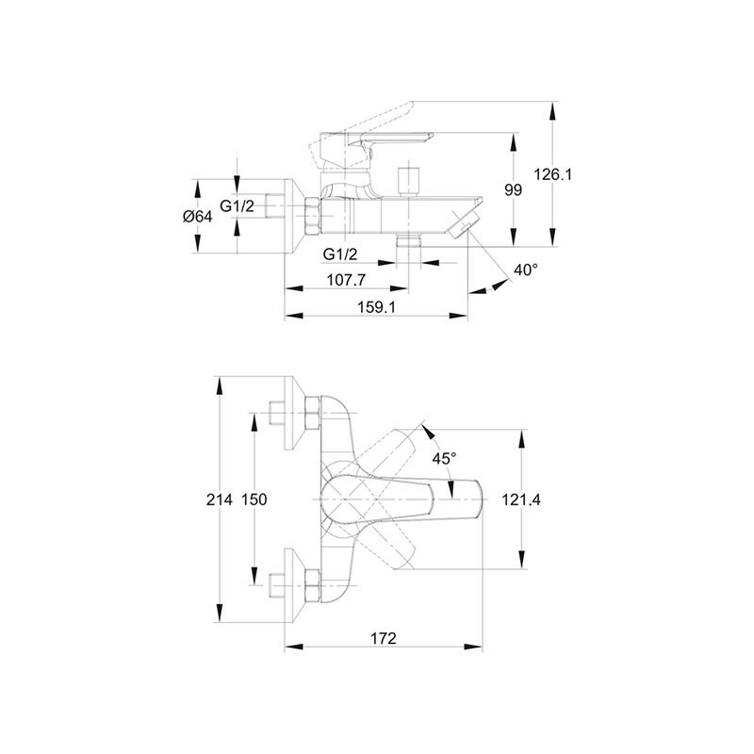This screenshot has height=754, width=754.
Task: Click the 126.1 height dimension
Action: [x=553, y=174]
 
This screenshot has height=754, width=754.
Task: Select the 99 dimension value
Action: [x=513, y=190]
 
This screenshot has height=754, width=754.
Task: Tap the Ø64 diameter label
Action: [x=198, y=217]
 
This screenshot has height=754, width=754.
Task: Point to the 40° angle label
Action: [x=526, y=270]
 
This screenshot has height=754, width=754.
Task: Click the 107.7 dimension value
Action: [x=346, y=279]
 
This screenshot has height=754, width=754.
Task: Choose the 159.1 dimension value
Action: [x=376, y=307]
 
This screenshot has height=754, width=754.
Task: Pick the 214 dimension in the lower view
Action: [x=220, y=500]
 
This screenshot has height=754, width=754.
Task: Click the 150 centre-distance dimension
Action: [x=254, y=500]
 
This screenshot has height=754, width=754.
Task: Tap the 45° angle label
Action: [x=444, y=458]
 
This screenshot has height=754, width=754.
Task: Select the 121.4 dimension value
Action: [x=521, y=500]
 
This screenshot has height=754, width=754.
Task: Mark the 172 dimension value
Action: [x=384, y=638]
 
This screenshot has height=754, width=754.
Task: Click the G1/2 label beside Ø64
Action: [x=238, y=205]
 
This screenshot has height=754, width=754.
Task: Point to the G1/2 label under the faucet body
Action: [x=340, y=254]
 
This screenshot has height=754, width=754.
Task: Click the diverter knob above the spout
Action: [x=408, y=181]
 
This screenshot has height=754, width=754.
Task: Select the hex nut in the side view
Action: [x=313, y=216]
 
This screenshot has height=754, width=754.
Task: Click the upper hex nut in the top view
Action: [x=312, y=413]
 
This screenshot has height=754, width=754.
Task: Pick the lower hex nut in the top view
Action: [x=312, y=585]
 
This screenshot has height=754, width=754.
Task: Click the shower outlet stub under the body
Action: [x=408, y=240]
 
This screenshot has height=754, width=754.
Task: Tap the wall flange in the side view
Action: [x=295, y=217]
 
